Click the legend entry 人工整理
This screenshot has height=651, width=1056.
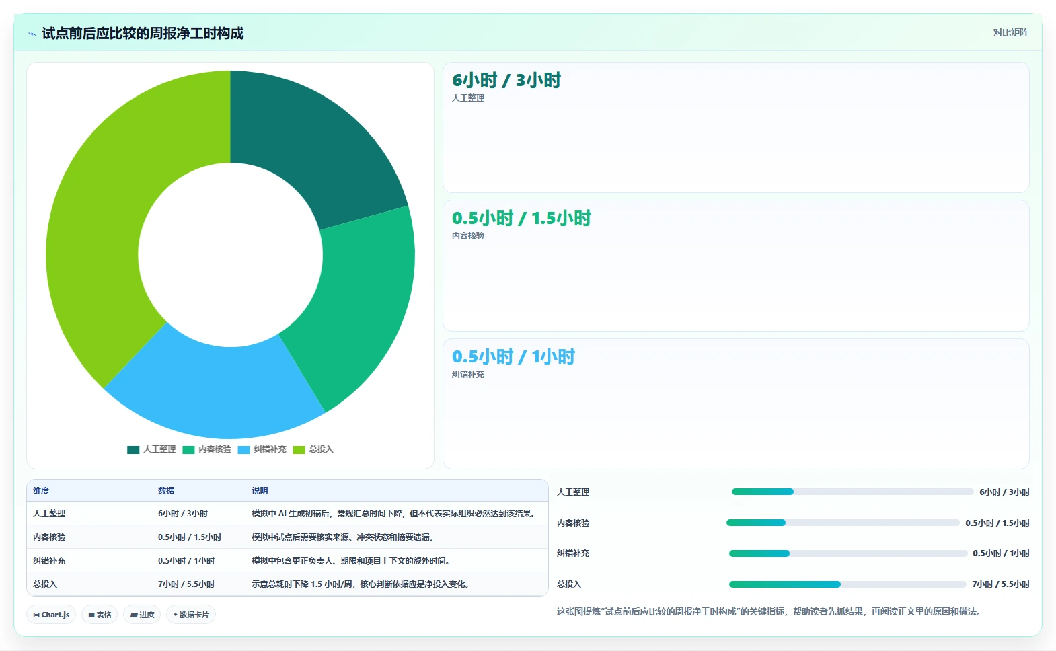(151, 449)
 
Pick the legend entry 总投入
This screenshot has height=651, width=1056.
(313, 449)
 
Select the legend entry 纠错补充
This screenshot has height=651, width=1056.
(262, 449)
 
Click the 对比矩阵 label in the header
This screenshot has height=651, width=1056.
(1010, 32)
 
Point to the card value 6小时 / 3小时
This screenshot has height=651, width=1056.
(506, 80)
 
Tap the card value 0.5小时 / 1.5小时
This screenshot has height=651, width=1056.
(521, 219)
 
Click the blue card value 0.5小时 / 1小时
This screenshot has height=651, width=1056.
(513, 357)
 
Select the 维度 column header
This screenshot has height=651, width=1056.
(41, 491)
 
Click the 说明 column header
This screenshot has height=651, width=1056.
(260, 491)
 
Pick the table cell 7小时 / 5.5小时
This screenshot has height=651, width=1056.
(186, 584)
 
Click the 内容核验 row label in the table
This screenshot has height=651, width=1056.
(49, 537)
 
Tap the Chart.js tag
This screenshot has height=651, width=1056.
(51, 615)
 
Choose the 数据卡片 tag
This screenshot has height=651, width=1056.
(191, 615)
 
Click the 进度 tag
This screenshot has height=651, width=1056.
(142, 615)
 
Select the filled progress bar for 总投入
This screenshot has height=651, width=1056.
(784, 584)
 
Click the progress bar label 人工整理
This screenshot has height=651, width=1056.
(573, 492)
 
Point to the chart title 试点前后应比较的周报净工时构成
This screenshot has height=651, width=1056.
(143, 34)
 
